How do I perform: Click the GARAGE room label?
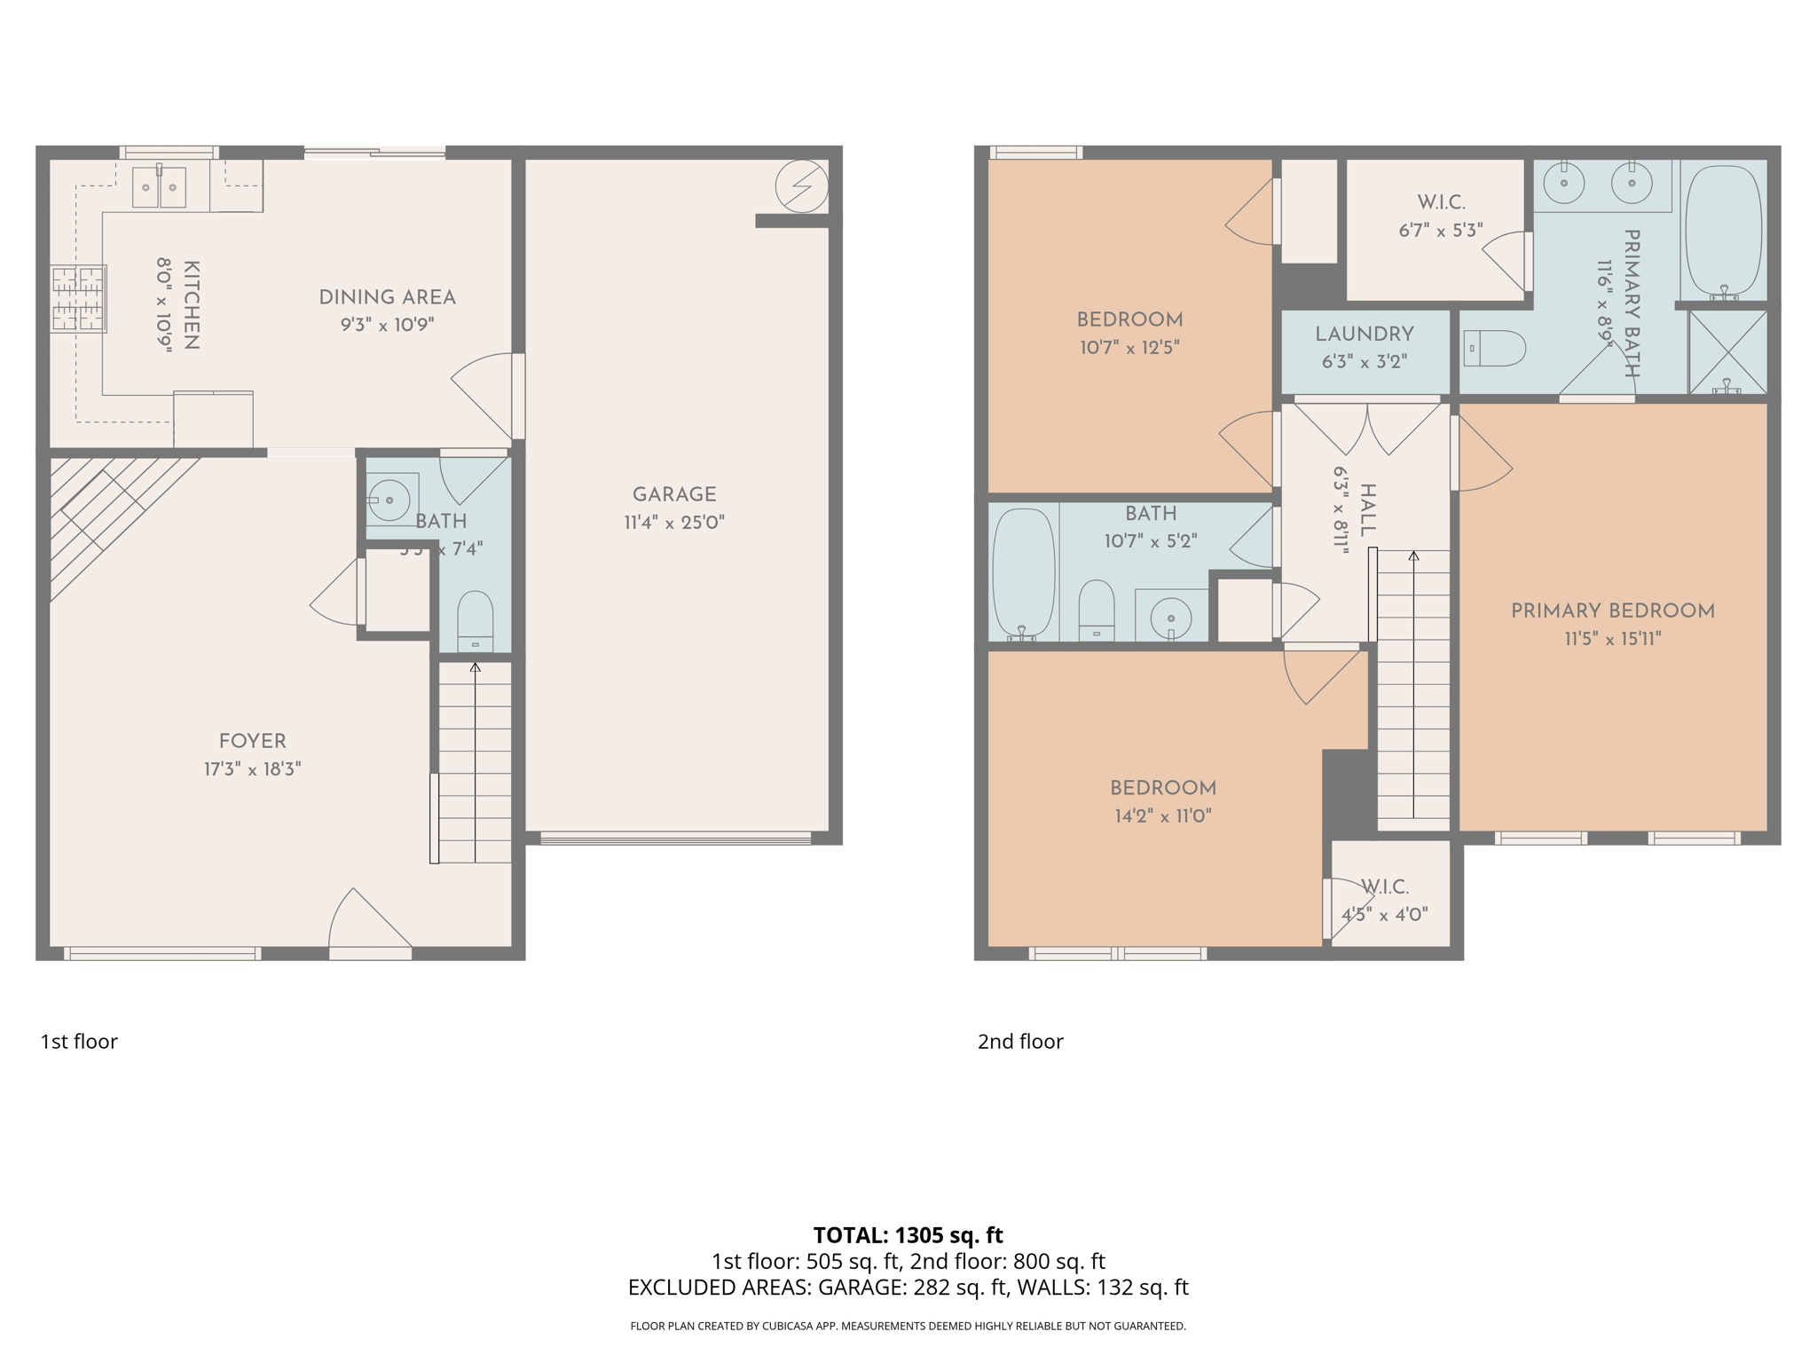click(674, 494)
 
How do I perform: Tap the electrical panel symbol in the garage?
click(801, 186)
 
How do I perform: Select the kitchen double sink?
click(159, 186)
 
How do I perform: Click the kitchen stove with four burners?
click(78, 298)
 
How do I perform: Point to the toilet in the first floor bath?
click(475, 621)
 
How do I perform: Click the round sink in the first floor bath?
click(389, 500)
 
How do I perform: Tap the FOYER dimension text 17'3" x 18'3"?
click(253, 768)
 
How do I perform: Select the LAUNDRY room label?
click(1364, 335)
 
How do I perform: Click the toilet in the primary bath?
click(1494, 349)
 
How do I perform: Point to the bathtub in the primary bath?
click(1723, 231)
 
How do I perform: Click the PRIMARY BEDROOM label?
click(1612, 611)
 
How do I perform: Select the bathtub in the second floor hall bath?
click(1023, 573)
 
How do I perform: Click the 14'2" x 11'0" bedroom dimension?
click(1163, 815)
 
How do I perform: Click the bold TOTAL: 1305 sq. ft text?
click(908, 1234)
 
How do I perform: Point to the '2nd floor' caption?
click(1020, 1041)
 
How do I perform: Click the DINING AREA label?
click(387, 297)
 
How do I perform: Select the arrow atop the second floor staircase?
click(1413, 556)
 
